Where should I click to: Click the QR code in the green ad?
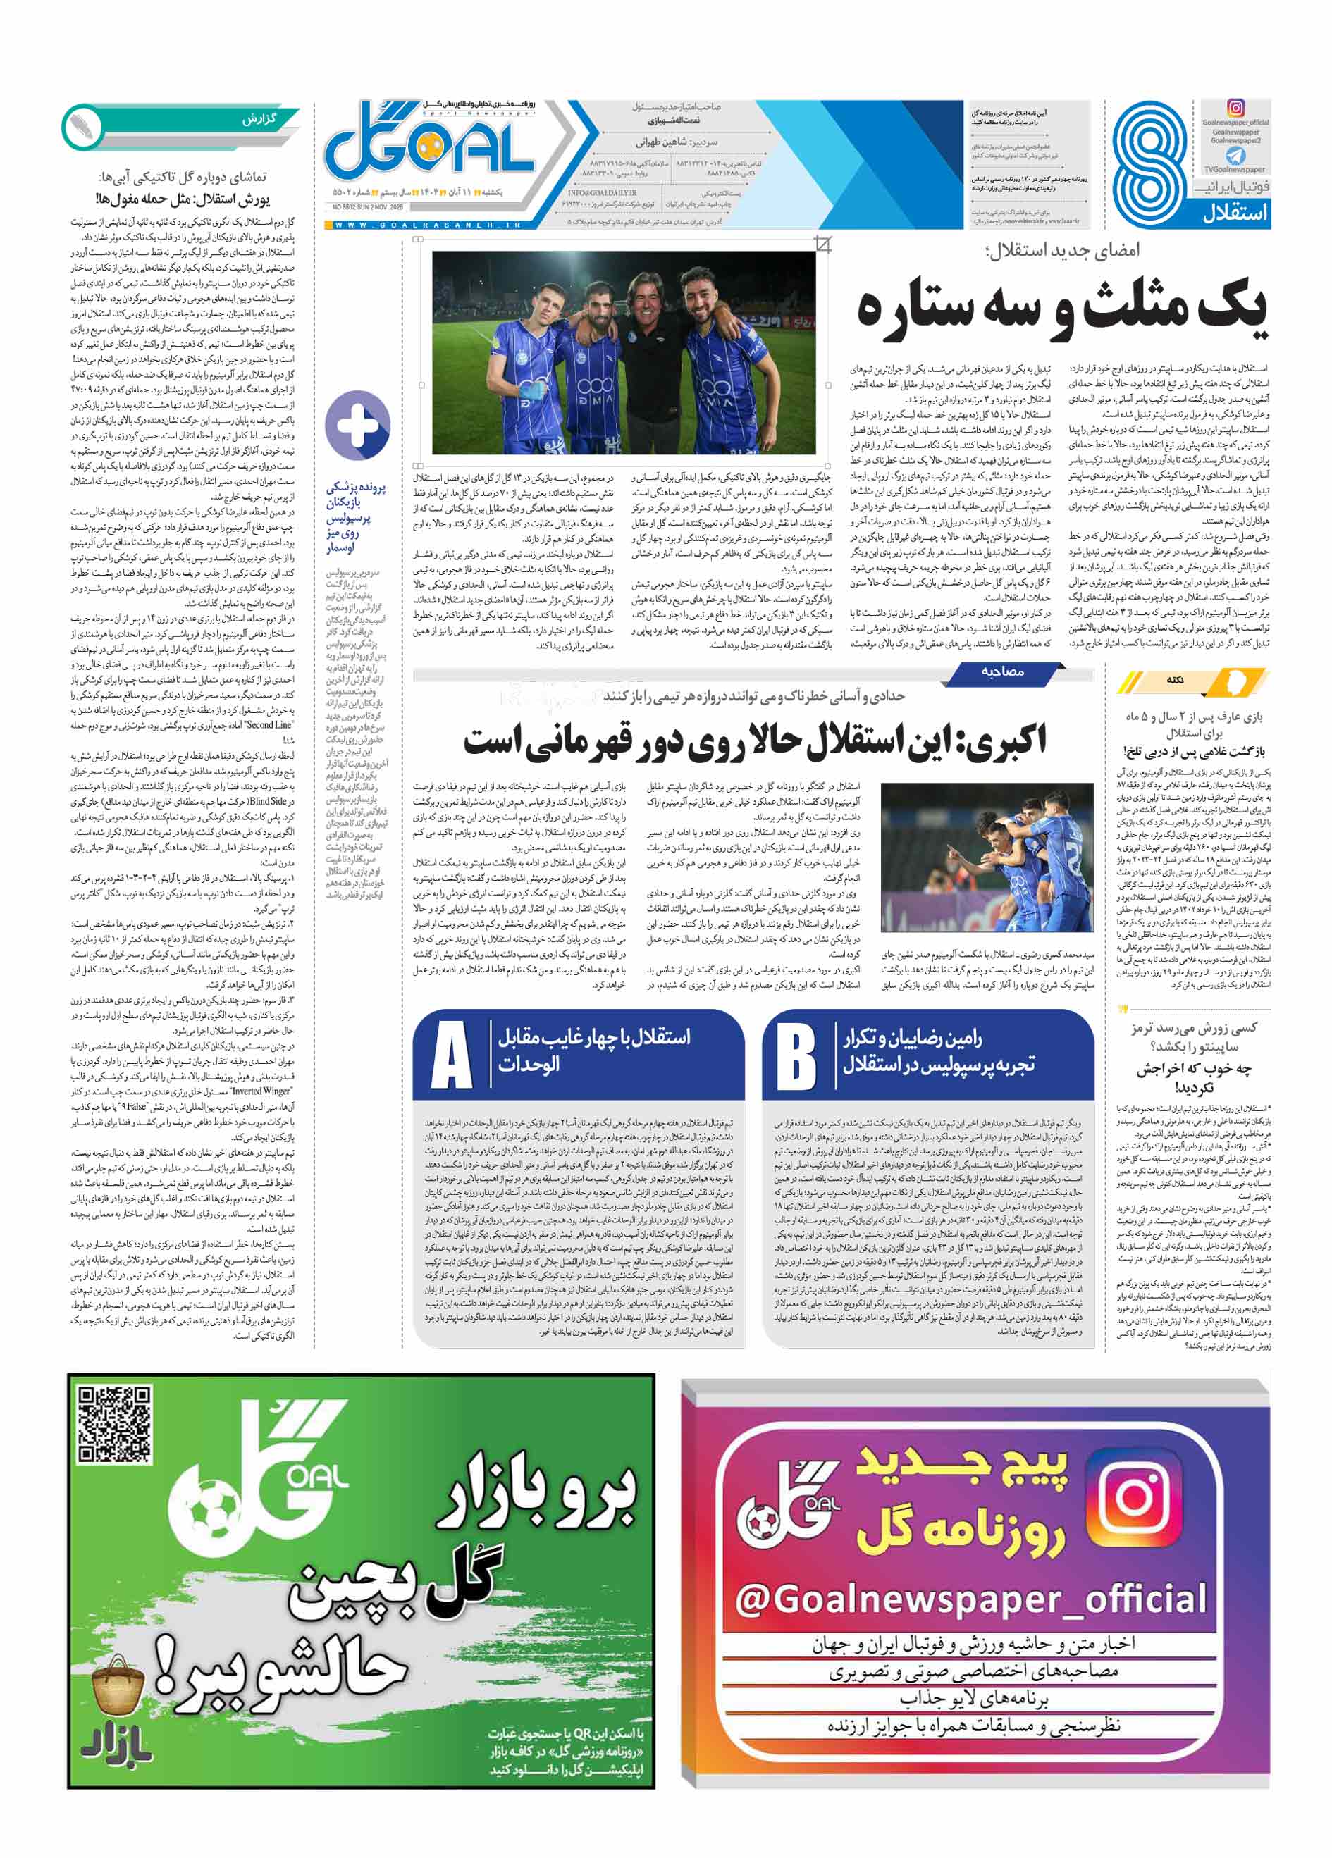115,1424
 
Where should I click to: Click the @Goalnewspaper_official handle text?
970,1598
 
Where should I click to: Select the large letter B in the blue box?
796,1055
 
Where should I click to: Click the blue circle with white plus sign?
357,425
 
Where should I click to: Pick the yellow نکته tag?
1177,680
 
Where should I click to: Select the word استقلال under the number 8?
1235,213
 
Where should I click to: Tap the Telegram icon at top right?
1235,156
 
